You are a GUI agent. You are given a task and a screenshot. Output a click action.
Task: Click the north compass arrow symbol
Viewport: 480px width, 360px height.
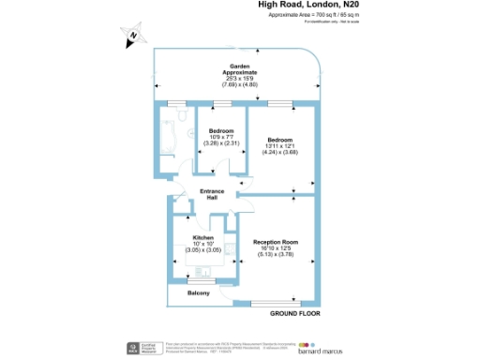point(132,36)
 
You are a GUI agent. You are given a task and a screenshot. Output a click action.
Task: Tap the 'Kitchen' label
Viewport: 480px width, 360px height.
point(202,238)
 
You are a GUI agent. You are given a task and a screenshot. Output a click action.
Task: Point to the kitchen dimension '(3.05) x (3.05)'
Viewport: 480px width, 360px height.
point(202,252)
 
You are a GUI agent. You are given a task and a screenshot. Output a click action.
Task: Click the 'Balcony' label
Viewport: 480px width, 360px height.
point(198,293)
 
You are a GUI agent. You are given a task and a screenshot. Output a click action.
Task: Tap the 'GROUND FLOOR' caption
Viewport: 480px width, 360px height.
point(296,312)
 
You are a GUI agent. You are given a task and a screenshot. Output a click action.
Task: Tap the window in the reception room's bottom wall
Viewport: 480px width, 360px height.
point(277,302)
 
